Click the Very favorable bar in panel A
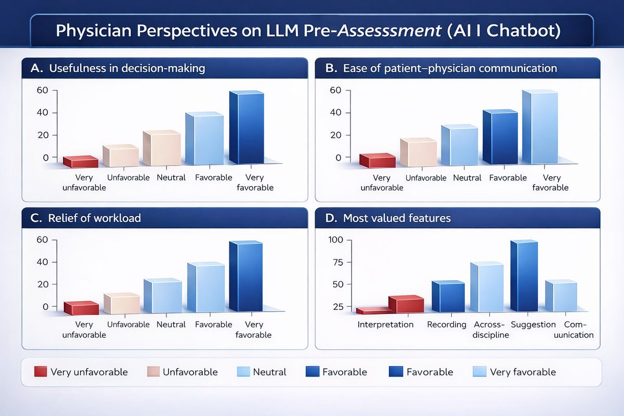[x=246, y=127]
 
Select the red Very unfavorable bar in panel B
[x=377, y=161]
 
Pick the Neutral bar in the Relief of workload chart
[x=163, y=295]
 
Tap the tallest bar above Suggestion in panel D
[x=524, y=276]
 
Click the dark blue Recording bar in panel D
[x=448, y=296]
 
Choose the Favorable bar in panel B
[x=500, y=137]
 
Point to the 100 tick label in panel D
[x=336, y=240]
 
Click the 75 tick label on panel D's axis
[x=338, y=262]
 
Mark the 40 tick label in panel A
[x=42, y=112]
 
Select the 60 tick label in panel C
[x=42, y=240]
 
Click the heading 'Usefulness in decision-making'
[x=127, y=68]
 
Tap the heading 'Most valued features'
[x=397, y=218]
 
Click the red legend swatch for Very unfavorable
[x=41, y=371]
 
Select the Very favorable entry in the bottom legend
[x=514, y=372]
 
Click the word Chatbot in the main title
[x=524, y=30]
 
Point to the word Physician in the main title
[x=93, y=31]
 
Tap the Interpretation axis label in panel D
[x=385, y=324]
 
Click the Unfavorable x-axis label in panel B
[x=426, y=178]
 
